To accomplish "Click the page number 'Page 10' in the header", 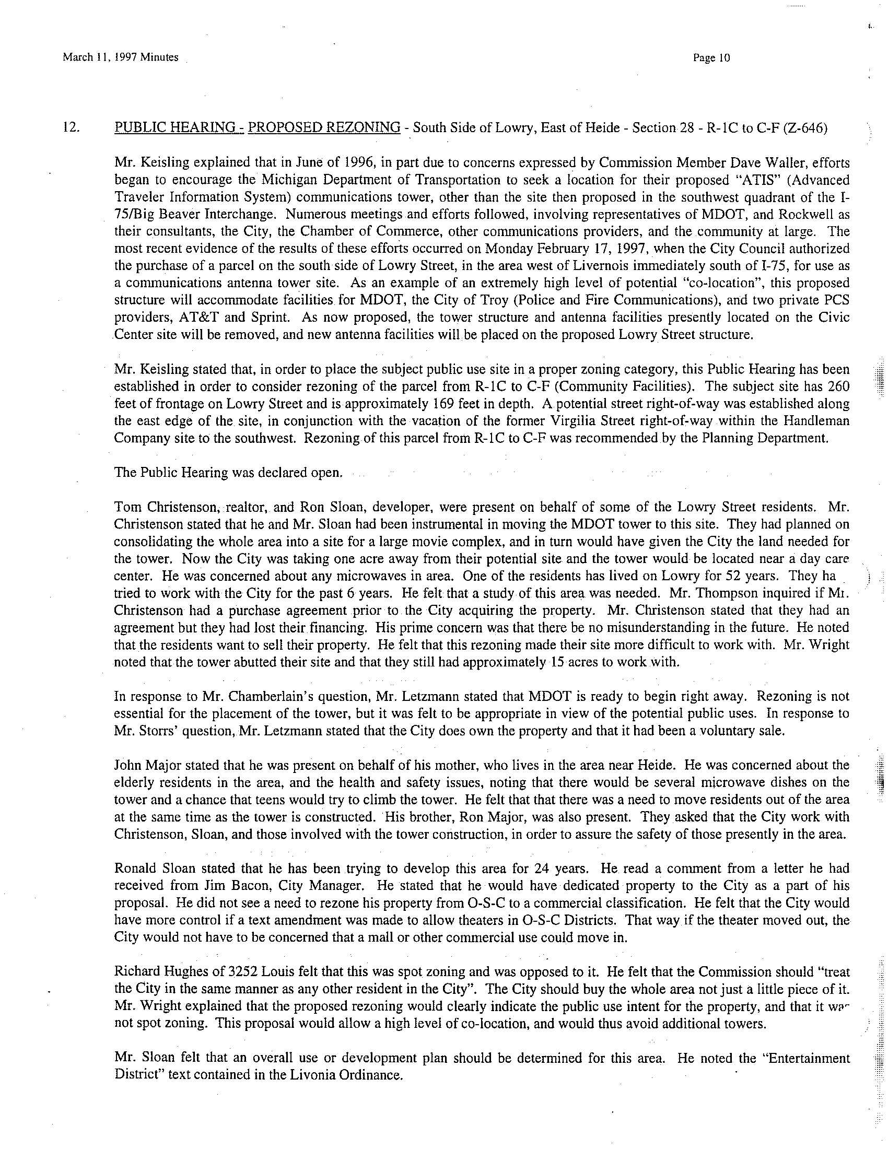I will tap(712, 58).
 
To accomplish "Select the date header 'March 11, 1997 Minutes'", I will tap(121, 57).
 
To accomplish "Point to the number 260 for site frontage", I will tap(837, 386).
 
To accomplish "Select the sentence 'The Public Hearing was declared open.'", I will tap(228, 472).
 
